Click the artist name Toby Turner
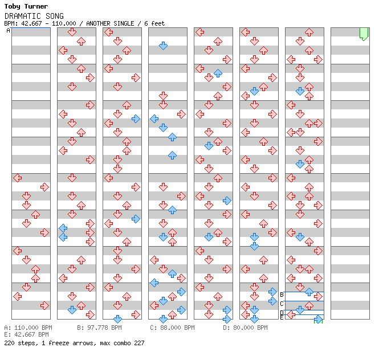pos(26,6)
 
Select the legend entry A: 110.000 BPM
pos(28,328)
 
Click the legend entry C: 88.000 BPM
pos(172,328)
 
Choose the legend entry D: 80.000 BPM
pos(245,328)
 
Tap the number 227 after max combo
pos(138,343)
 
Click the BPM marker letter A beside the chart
pos(8,31)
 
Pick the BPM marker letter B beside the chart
pos(282,294)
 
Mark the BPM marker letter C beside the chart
pos(282,304)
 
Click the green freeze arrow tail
pos(364,34)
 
